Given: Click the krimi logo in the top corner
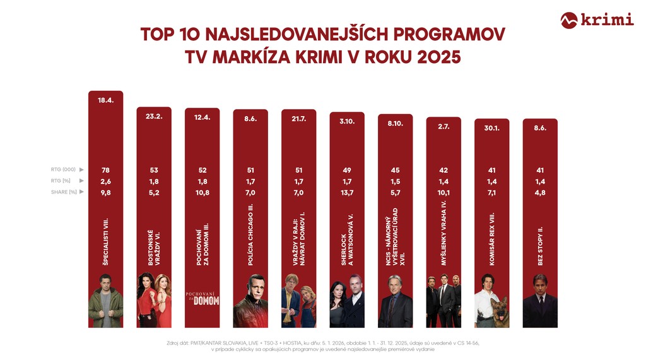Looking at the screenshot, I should click(597, 20).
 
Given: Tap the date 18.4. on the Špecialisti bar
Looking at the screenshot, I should click(105, 100).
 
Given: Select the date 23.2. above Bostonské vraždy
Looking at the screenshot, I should click(154, 116).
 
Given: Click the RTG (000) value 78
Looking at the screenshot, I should click(105, 170).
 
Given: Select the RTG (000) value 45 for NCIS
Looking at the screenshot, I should click(395, 170).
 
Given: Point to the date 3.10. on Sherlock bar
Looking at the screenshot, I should click(347, 121).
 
